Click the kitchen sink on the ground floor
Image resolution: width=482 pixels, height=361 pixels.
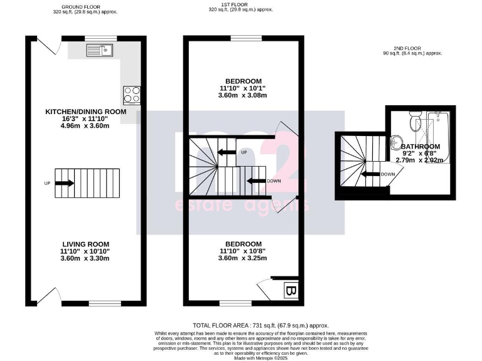(x=100, y=50)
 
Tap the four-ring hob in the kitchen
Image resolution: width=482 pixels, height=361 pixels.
(x=132, y=94)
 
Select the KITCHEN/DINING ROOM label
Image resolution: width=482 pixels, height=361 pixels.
(x=85, y=112)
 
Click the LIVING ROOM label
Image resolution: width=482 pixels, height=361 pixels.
(x=85, y=244)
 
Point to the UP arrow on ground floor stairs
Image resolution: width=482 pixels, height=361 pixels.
(x=64, y=183)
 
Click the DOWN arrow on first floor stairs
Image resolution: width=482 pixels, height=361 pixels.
(x=255, y=181)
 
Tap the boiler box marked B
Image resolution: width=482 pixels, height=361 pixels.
(x=290, y=290)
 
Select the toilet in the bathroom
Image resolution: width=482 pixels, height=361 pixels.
(x=414, y=119)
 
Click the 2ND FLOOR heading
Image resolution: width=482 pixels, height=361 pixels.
(x=412, y=49)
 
